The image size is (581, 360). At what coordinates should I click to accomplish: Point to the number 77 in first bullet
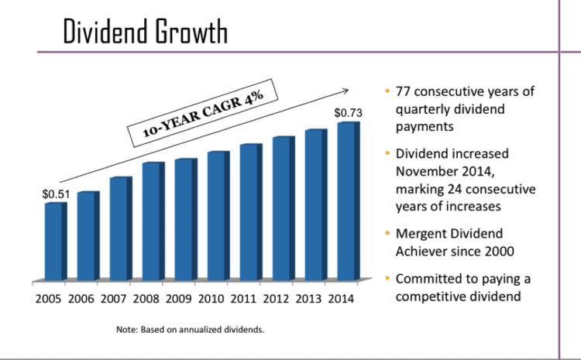pyautogui.click(x=404, y=92)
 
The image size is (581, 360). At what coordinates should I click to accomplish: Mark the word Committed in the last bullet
pyautogui.click(x=430, y=279)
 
